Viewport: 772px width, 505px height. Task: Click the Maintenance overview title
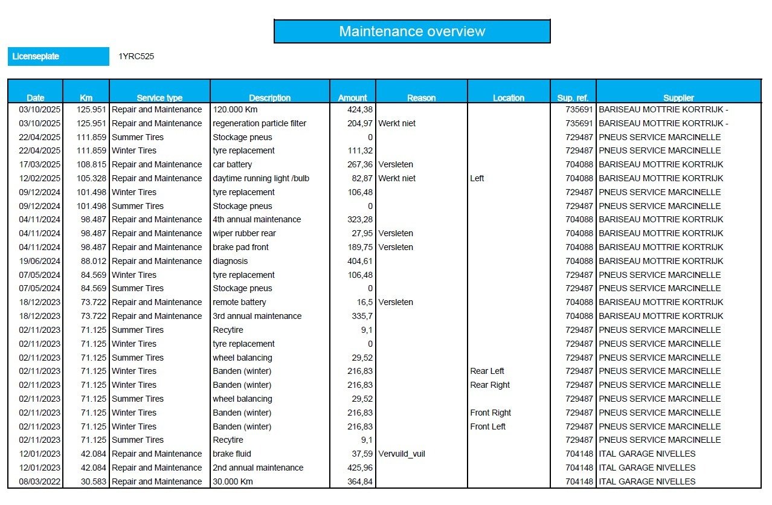412,31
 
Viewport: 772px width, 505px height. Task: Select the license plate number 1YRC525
137,57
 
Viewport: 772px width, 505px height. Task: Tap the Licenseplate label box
58,56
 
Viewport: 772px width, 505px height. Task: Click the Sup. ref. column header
573,98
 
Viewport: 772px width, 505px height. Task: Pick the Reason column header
421,98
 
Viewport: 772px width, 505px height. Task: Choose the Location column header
508,98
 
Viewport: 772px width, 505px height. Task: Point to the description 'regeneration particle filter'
260,123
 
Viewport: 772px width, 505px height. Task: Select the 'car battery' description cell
233,164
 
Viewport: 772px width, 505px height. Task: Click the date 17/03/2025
40,164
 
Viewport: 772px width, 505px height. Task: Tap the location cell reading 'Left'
477,178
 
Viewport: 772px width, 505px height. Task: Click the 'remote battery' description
240,302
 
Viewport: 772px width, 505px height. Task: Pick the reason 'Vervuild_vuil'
402,454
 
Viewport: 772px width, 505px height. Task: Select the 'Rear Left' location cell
487,371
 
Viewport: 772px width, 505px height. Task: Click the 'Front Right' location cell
491,413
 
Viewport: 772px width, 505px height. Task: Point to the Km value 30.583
92,481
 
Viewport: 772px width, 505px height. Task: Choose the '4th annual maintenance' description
257,219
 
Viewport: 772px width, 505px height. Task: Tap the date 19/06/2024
40,261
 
